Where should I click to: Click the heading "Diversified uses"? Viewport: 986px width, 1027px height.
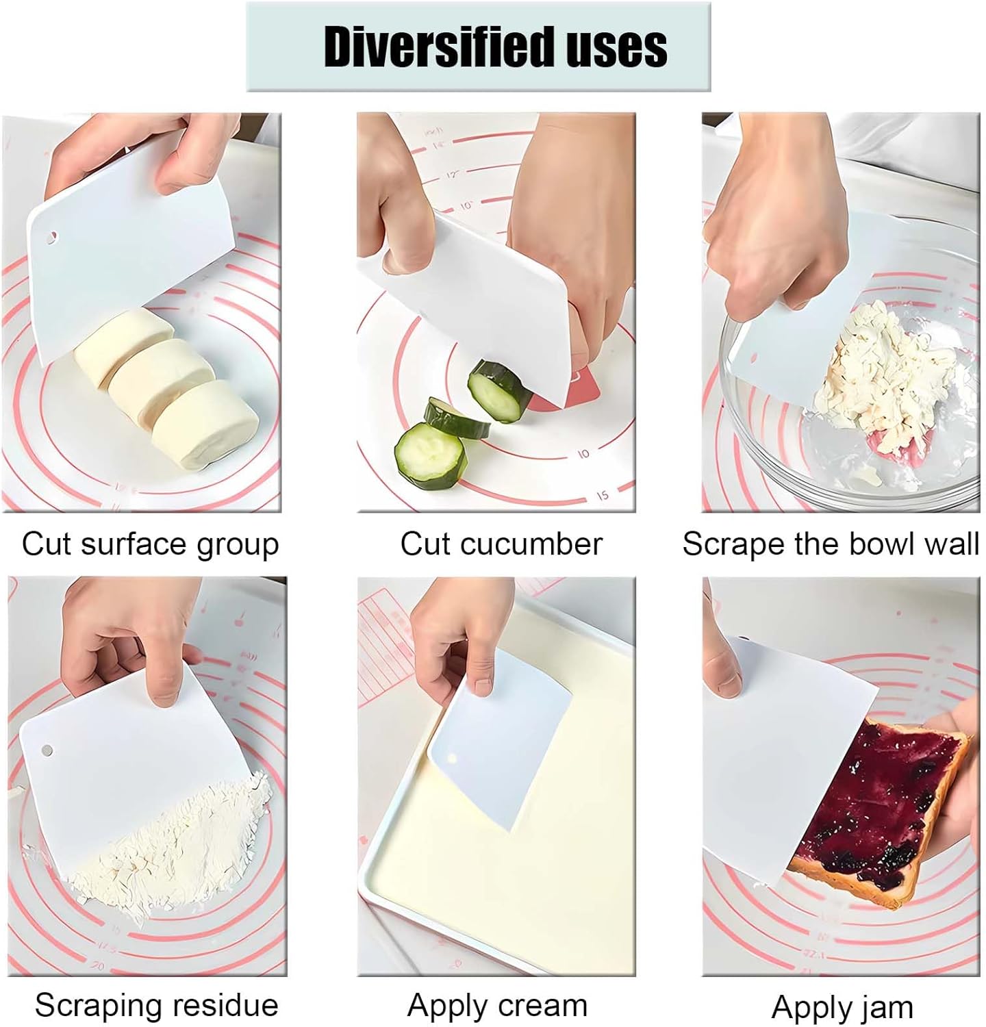494,47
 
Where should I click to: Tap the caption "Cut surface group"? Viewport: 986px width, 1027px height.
150,544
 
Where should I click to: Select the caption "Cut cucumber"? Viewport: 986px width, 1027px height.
501,544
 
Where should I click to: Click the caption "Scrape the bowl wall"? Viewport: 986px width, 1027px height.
830,544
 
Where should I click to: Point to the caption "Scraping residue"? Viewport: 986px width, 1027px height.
156,1005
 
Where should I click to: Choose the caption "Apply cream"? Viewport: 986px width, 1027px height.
497,1005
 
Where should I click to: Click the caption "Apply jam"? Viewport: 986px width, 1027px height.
842,1007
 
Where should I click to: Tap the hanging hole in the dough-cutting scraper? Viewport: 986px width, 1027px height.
51,238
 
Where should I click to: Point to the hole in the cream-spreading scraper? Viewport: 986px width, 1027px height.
451,759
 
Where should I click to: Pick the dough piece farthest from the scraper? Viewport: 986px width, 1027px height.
205,426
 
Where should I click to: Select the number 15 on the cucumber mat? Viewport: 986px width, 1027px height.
602,496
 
